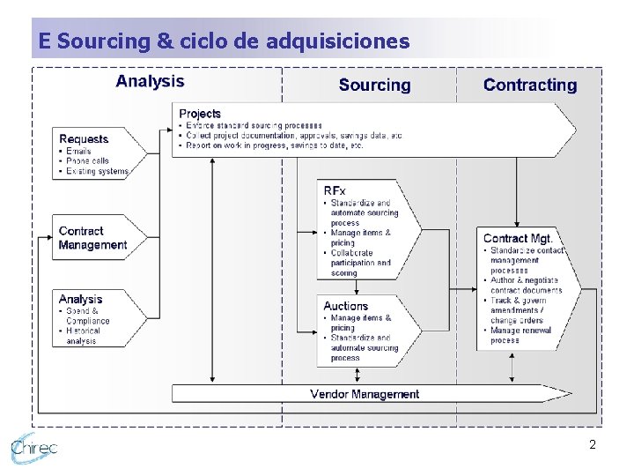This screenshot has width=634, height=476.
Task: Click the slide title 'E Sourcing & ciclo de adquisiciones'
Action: pos(224,41)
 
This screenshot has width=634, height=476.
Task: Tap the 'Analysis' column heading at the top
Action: pos(151,81)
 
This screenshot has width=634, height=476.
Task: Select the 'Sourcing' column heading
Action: pos(374,85)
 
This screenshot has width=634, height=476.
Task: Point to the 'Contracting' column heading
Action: pos(530,85)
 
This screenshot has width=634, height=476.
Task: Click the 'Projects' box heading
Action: pos(200,114)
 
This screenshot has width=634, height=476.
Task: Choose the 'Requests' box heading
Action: pos(84,138)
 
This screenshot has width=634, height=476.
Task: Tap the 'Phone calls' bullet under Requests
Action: pos(87,161)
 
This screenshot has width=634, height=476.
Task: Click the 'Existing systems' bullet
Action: pos(97,171)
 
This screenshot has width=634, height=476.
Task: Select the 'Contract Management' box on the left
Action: pos(92,238)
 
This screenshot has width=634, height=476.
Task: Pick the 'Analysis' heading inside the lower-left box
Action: pos(81,299)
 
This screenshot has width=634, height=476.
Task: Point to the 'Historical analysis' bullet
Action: pos(83,336)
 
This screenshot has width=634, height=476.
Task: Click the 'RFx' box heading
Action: pos(335,190)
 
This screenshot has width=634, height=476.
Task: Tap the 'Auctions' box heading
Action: pos(345,306)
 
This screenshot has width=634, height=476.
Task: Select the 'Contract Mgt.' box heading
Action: pos(518,238)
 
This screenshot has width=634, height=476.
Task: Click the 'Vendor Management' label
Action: pos(365,394)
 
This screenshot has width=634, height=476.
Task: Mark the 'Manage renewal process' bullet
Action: pos(520,335)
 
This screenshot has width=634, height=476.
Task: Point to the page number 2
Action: pos(593,445)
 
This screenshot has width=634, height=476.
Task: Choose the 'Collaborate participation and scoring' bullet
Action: pos(360,263)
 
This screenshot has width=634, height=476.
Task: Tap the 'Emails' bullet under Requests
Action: pos(78,152)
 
